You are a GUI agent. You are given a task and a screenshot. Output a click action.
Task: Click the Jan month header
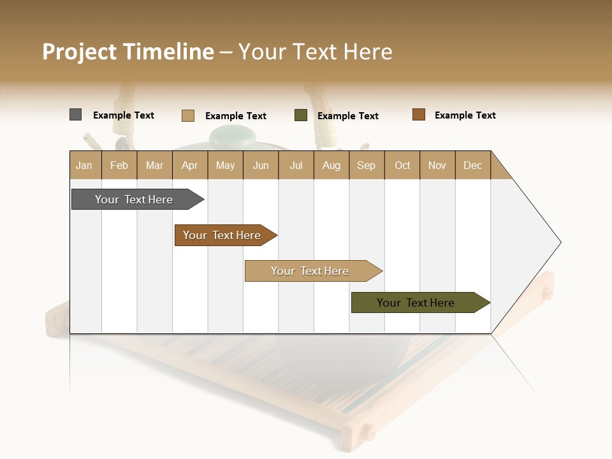pyautogui.click(x=84, y=165)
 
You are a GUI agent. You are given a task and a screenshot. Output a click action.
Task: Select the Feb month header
pyautogui.click(x=119, y=165)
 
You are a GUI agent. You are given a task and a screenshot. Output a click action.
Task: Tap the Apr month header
pyautogui.click(x=189, y=165)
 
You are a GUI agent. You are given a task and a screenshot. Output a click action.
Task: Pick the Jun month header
pyautogui.click(x=261, y=165)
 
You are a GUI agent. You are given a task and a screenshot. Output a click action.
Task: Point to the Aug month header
pyautogui.click(x=331, y=165)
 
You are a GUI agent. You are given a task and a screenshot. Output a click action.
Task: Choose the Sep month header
pyautogui.click(x=366, y=165)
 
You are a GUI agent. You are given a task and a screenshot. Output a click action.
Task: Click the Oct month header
pyautogui.click(x=402, y=165)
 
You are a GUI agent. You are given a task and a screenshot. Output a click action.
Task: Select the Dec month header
pyautogui.click(x=472, y=165)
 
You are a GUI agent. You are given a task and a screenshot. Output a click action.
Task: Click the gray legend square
pyautogui.click(x=75, y=115)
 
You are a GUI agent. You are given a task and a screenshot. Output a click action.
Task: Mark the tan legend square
pyautogui.click(x=187, y=115)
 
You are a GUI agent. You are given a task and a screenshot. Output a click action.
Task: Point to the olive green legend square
pyautogui.click(x=300, y=115)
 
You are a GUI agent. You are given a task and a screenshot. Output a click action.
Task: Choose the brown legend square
pyautogui.click(x=418, y=115)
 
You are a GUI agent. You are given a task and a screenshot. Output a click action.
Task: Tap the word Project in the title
pyautogui.click(x=79, y=52)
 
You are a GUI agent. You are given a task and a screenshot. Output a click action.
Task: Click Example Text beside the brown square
pyautogui.click(x=465, y=115)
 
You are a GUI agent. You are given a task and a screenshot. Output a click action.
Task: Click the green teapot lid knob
pyautogui.click(x=233, y=136)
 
